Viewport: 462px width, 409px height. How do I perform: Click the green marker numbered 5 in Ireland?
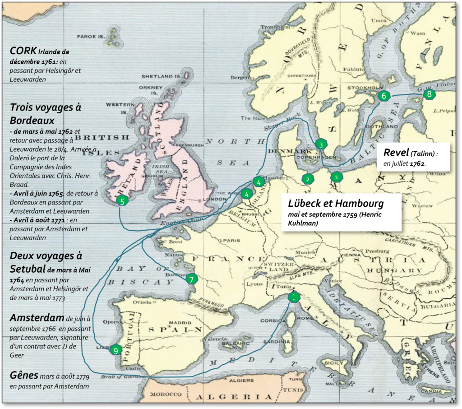click(x=122, y=201)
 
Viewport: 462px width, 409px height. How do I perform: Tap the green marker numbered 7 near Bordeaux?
click(x=191, y=279)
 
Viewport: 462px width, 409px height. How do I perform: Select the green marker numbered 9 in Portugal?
click(x=116, y=350)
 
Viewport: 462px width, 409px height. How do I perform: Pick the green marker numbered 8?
click(x=429, y=94)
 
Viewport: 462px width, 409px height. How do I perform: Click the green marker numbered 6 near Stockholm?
click(x=384, y=96)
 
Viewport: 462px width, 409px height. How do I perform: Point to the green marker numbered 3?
click(x=321, y=144)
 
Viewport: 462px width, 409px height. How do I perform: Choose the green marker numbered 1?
click(x=336, y=177)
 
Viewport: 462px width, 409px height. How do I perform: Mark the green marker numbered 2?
click(x=308, y=179)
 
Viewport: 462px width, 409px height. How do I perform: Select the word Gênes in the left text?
click(x=24, y=376)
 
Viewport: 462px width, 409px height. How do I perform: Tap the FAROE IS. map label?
click(x=91, y=37)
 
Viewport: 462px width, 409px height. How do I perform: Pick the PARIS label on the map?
click(x=232, y=241)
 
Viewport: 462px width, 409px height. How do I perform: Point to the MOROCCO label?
click(x=166, y=394)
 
